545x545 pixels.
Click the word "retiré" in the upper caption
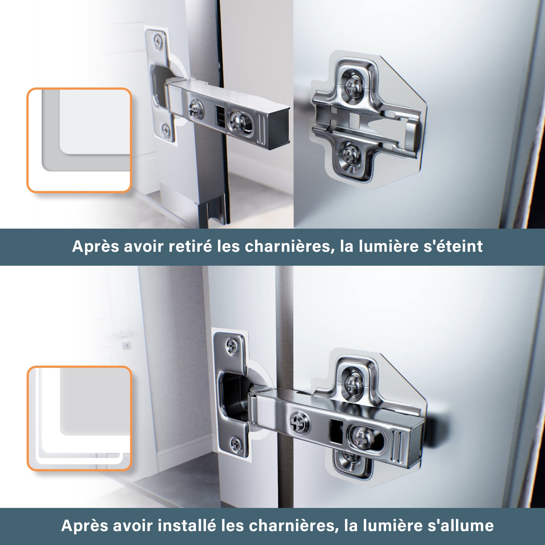(x=190, y=246)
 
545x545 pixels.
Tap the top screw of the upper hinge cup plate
(x=158, y=41)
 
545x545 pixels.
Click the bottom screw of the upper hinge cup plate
(x=166, y=130)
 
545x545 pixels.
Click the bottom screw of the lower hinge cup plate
(x=236, y=444)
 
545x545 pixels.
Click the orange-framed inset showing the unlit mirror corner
(x=79, y=140)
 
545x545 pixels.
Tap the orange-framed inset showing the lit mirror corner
(x=79, y=418)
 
